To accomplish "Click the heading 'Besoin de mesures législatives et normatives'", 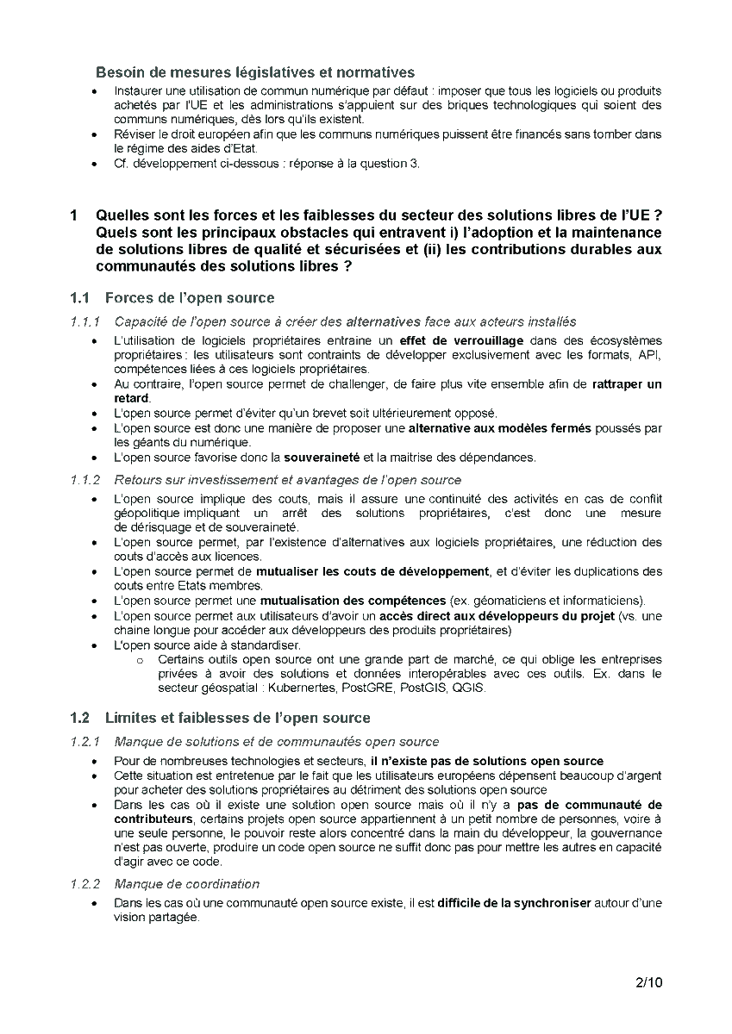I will pyautogui.click(x=255, y=72).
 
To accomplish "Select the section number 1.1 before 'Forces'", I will pyautogui.click(x=80, y=298).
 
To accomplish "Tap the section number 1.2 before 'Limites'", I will pyautogui.click(x=80, y=718).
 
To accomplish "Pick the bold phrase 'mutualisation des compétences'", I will pyautogui.click(x=353, y=600).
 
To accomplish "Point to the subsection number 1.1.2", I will pyautogui.click(x=86, y=480).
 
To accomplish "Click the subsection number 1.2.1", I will pyautogui.click(x=86, y=741).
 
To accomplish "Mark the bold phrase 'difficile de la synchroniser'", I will pyautogui.click(x=514, y=903).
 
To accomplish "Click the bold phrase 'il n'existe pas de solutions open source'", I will pyautogui.click(x=487, y=761).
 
